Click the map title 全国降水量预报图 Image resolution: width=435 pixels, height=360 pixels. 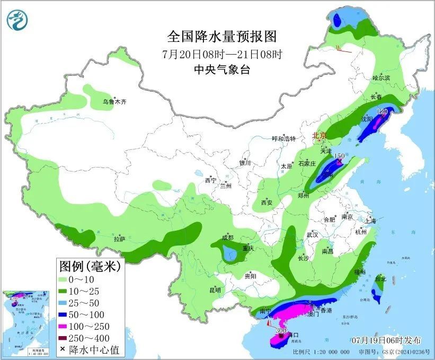pos(222,37)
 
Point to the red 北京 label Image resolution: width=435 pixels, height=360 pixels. pos(319,136)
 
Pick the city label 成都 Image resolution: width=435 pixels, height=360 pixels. pos(228,237)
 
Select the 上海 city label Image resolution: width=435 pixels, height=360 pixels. pos(370,221)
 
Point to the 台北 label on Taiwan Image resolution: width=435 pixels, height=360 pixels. pos(380,278)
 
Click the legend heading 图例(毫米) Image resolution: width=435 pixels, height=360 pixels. pos(89,266)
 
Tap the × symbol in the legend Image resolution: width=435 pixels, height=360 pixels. pos(64,349)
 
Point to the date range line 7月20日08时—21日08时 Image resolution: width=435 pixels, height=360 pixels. pos(222,54)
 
